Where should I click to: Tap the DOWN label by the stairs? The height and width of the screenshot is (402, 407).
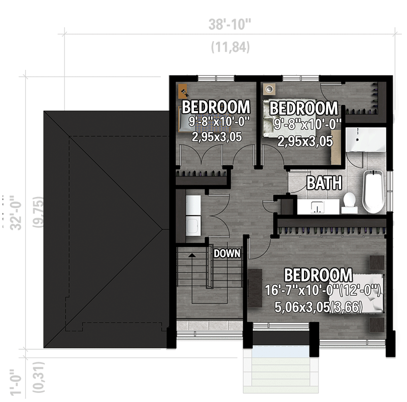tap(227, 254)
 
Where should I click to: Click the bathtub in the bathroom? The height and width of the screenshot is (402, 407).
tap(373, 192)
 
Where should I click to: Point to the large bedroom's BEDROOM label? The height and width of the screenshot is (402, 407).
tap(318, 275)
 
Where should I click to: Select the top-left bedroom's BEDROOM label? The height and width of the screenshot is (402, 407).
tap(216, 107)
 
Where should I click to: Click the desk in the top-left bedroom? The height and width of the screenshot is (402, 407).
tap(184, 91)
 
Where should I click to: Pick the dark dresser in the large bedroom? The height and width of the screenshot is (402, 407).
tap(255, 287)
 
